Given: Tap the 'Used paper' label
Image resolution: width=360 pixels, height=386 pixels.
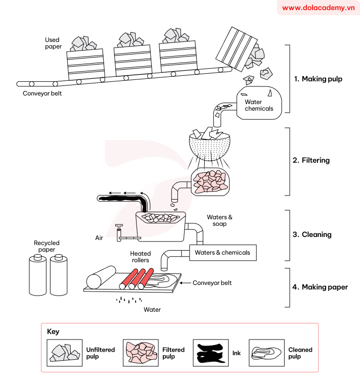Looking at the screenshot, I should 53,43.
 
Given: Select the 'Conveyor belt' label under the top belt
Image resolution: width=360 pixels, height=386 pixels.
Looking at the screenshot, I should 42,93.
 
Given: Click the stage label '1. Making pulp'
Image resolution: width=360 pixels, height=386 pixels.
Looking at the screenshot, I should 318,79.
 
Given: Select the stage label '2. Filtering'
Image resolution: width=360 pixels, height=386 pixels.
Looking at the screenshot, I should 311,160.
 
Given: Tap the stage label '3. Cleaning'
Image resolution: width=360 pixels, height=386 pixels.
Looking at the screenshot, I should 312,234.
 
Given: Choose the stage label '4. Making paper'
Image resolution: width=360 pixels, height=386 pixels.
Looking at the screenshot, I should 320,287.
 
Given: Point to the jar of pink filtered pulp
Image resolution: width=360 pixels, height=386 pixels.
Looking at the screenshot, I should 209,182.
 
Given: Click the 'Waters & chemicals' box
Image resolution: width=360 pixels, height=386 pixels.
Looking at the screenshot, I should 222,253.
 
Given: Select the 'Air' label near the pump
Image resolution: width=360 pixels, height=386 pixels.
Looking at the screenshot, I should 99,237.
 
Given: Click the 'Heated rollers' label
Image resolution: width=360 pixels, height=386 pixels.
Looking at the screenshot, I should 140,257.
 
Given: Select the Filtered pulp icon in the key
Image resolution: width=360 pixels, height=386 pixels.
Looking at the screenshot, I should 141,353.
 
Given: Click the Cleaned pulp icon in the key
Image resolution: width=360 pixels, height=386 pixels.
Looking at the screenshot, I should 266,353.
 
